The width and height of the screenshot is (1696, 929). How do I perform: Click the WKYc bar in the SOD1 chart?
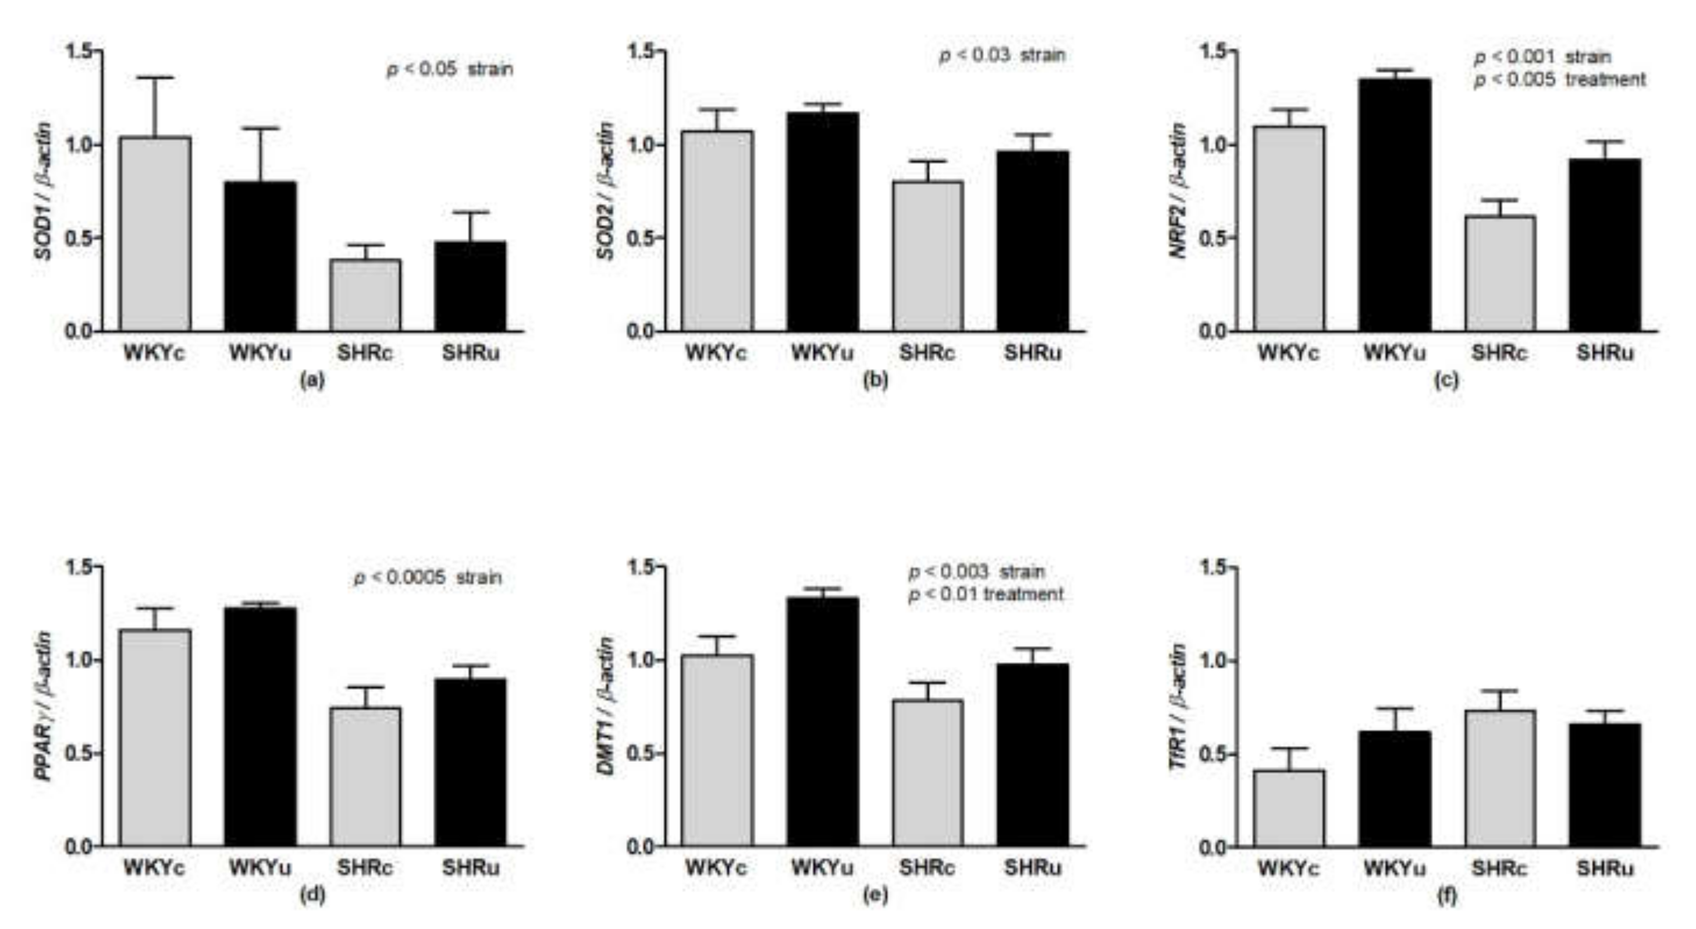click(x=155, y=234)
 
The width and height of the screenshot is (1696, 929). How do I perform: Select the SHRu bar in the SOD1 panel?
click(x=471, y=287)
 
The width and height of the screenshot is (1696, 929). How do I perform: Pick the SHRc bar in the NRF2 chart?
click(x=1501, y=273)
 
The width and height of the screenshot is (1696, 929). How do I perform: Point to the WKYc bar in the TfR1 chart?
click(x=1289, y=808)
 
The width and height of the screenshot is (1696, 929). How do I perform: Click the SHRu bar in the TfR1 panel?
click(x=1605, y=785)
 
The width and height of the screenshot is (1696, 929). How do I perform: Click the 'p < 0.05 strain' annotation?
click(x=450, y=69)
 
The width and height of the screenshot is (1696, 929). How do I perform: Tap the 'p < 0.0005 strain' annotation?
click(x=428, y=578)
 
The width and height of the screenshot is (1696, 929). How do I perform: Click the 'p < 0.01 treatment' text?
click(x=986, y=594)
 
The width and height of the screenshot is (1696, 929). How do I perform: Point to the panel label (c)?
click(x=1446, y=380)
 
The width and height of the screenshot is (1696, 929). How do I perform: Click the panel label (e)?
click(x=876, y=895)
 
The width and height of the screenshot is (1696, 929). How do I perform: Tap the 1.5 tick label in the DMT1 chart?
click(x=642, y=566)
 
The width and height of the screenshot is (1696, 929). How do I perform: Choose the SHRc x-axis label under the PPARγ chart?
click(x=365, y=868)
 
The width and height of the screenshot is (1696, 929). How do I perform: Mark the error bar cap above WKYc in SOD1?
click(x=155, y=77)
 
